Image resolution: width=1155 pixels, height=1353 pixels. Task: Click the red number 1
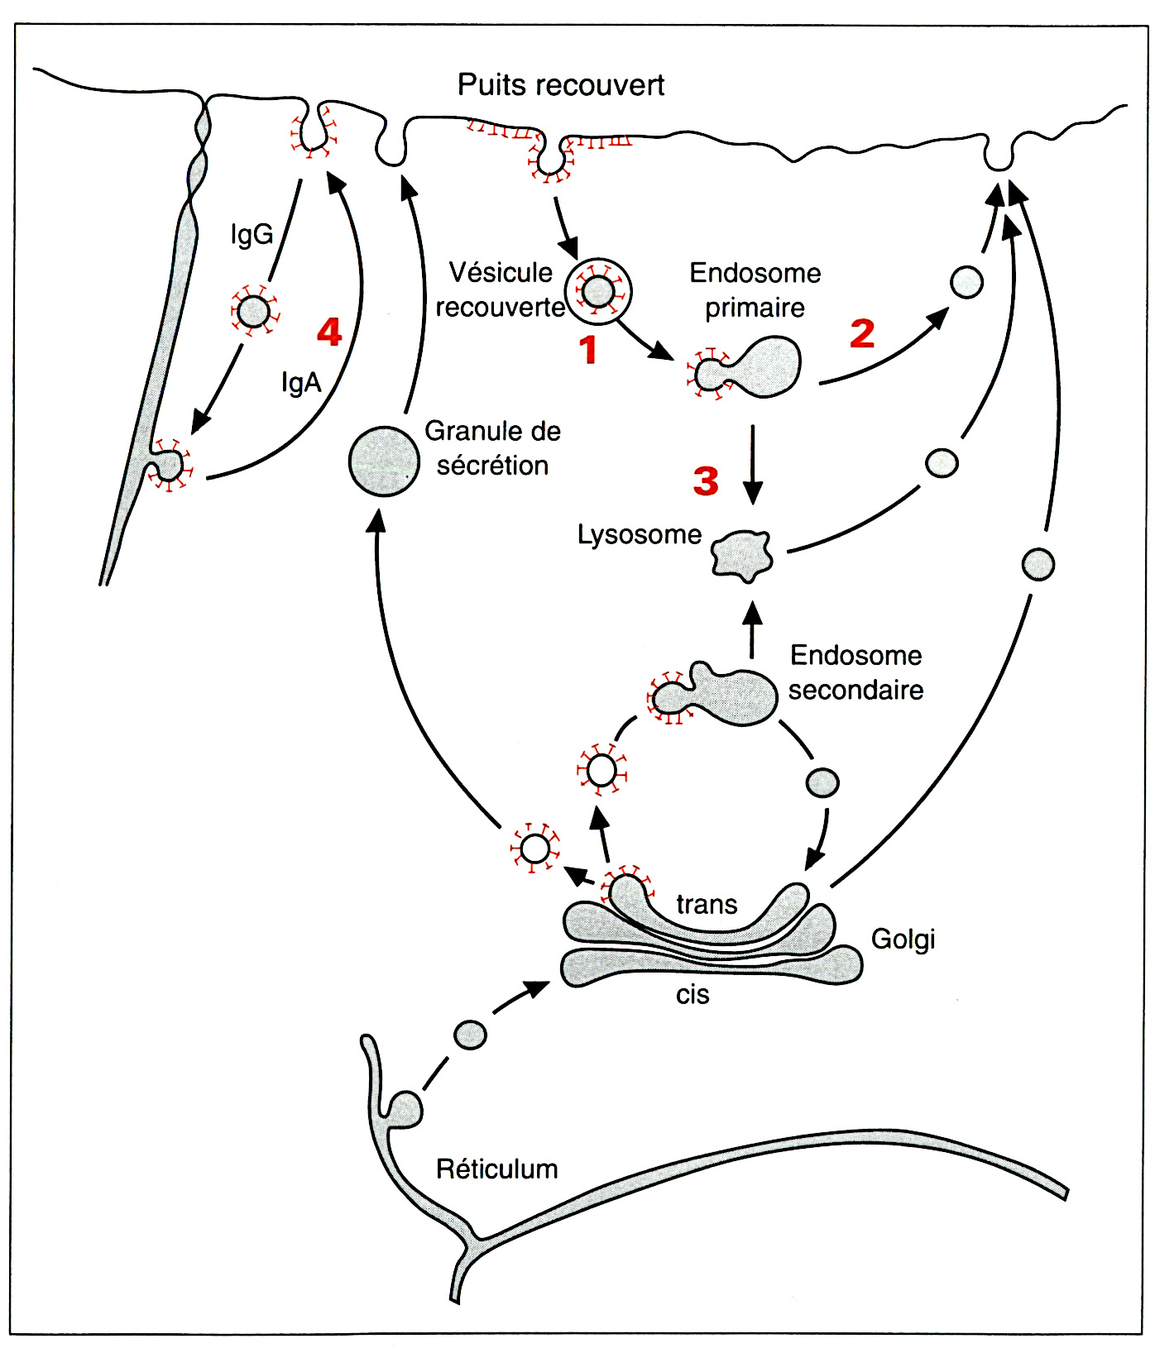pyautogui.click(x=588, y=350)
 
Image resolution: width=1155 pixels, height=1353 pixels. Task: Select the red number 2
pyautogui.click(x=862, y=333)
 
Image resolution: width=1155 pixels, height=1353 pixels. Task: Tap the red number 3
pyautogui.click(x=706, y=480)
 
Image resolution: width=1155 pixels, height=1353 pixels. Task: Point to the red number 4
pyautogui.click(x=329, y=332)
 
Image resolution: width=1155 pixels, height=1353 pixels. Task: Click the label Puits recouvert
pyautogui.click(x=561, y=85)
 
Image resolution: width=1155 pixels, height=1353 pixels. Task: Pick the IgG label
pyautogui.click(x=252, y=235)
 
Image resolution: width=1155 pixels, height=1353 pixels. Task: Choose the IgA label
pyautogui.click(x=301, y=382)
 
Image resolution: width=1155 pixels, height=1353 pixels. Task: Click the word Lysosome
pyautogui.click(x=639, y=535)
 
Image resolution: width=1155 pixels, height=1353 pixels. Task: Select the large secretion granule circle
pyautogui.click(x=383, y=461)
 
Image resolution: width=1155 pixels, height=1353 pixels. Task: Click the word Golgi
pyautogui.click(x=903, y=939)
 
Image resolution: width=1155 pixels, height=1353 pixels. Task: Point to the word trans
pyautogui.click(x=707, y=905)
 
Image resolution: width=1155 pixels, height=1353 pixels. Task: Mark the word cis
pyautogui.click(x=693, y=995)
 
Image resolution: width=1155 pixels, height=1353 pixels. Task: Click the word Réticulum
pyautogui.click(x=496, y=1169)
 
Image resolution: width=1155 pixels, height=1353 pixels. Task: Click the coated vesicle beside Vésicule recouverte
pyautogui.click(x=598, y=291)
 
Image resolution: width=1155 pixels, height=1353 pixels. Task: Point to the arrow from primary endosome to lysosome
pyautogui.click(x=753, y=463)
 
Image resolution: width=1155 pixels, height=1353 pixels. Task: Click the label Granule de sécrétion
pyautogui.click(x=492, y=448)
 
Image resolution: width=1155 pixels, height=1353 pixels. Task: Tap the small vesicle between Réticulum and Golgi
pyautogui.click(x=471, y=1035)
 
